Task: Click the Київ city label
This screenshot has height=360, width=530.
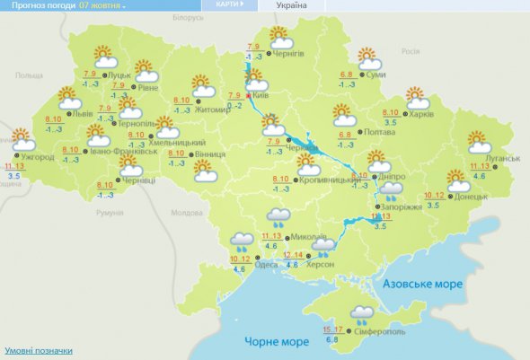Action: (x=260, y=94)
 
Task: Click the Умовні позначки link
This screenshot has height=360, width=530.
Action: (x=39, y=350)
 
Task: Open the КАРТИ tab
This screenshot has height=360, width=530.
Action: (x=228, y=5)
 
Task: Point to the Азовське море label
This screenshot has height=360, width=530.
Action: (x=423, y=284)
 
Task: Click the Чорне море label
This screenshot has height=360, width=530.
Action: (x=276, y=341)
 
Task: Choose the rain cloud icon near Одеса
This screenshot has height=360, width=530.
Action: (x=242, y=241)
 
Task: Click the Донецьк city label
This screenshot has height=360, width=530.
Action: (x=469, y=196)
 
